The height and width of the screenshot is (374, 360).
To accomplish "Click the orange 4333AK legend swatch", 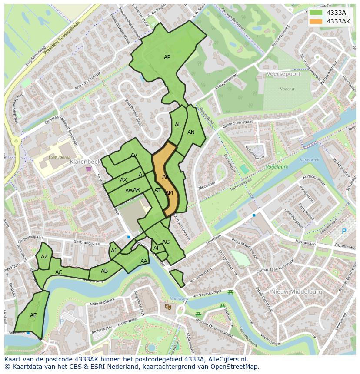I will tap(316, 21).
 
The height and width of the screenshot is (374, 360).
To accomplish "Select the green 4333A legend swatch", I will tap(316, 13).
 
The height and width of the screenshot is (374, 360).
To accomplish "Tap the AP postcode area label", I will tap(167, 57).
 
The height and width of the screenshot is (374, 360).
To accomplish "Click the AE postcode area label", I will tap(33, 315).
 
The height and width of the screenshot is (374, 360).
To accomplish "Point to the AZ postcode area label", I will tap(44, 257).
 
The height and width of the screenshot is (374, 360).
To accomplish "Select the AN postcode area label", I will tap(191, 132).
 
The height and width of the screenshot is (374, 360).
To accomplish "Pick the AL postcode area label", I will tap(178, 125).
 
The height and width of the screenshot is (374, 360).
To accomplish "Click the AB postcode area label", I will tap(104, 271).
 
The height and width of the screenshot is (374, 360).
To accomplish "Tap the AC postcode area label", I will tap(59, 272).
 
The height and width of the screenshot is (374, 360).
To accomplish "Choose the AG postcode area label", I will tap(166, 242).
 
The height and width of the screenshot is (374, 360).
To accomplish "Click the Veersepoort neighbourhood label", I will tap(283, 74).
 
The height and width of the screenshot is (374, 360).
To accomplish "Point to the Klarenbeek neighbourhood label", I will tap(85, 161).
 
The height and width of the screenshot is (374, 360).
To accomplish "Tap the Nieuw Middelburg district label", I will tap(297, 292).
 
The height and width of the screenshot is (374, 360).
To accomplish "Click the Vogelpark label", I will tap(277, 166).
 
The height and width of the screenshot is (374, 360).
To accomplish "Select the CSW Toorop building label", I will tap(60, 157).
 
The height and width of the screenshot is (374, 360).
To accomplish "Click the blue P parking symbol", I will tap(344, 232).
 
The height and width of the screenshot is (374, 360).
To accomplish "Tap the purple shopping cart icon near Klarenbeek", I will tap(89, 169).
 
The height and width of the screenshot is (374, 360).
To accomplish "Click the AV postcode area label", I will tap(134, 156).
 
